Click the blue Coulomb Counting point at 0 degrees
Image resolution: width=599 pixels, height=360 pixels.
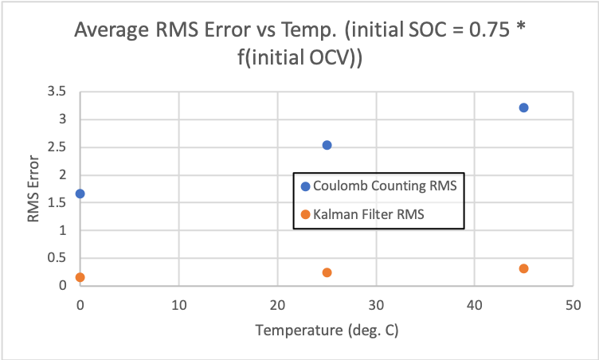(x=80, y=194)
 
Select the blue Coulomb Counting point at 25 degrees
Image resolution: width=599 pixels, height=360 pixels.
(x=327, y=145)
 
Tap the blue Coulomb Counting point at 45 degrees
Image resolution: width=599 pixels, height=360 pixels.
(x=523, y=108)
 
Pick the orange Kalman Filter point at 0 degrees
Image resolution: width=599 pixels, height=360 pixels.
(x=80, y=277)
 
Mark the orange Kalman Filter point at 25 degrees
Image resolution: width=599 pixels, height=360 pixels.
(x=327, y=272)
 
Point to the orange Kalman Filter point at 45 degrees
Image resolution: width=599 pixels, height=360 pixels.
(x=523, y=268)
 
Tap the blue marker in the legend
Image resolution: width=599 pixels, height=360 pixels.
(x=305, y=187)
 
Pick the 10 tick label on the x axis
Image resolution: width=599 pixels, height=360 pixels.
(x=178, y=304)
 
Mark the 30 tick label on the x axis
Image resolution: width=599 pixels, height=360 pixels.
(x=376, y=304)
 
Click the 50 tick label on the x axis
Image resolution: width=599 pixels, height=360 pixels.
(x=573, y=304)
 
